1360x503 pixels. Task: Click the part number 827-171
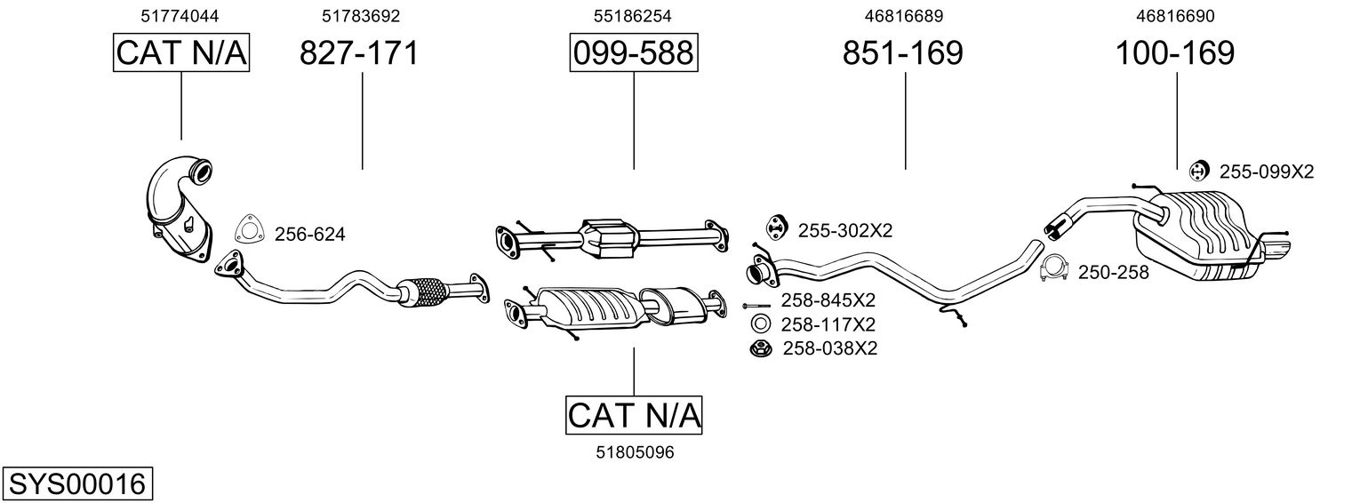pos(359,53)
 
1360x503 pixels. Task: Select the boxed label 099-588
pos(633,52)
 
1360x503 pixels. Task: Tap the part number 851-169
pos(903,53)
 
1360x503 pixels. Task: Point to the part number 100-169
pos(1175,53)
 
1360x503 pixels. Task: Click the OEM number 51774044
pos(180,16)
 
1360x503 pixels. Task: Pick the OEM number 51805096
pos(635,452)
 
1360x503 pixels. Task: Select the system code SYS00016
pos(77,484)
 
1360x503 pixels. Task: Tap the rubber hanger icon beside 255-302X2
pos(776,227)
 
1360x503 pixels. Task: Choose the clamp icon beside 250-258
pos(1054,268)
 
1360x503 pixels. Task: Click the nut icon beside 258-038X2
pos(762,349)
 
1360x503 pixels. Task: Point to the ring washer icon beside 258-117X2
pos(760,324)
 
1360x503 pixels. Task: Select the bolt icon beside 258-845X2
pos(756,305)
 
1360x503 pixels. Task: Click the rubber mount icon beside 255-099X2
pos(1198,172)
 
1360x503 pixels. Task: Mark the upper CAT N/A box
pos(181,52)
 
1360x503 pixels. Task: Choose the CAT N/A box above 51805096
pos(634,415)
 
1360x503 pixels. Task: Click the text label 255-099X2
pos(1267,172)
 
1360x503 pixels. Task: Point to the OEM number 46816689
pos(904,16)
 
